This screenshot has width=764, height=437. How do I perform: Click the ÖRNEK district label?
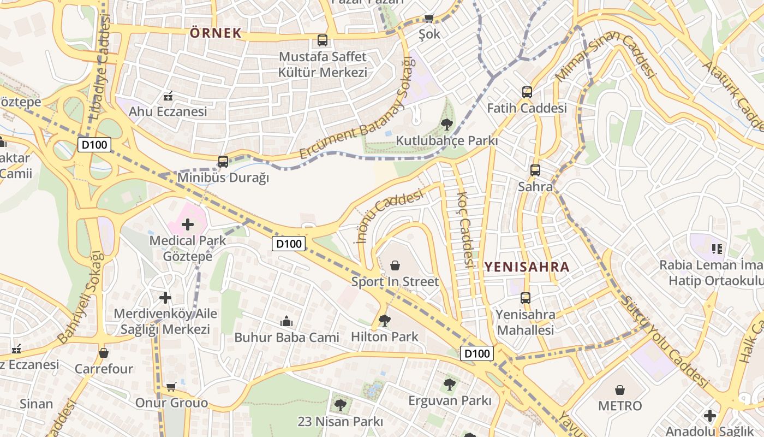pos(216,33)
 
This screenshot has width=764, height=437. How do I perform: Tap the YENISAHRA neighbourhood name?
pos(527,267)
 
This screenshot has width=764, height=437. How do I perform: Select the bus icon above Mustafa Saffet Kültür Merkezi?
pos(323,40)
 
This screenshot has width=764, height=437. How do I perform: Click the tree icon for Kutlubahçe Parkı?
pos(446,125)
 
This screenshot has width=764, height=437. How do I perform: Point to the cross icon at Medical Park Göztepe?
pos(188,225)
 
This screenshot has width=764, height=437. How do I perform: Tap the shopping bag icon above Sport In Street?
pos(395,266)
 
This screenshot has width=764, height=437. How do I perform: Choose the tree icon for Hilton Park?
pos(385,321)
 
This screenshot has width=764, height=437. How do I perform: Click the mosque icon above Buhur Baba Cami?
pos(286,322)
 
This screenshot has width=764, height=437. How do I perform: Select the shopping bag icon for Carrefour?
pos(104,353)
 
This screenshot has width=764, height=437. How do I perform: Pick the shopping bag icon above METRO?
pos(620,390)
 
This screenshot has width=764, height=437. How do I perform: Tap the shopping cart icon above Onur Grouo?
pos(171,387)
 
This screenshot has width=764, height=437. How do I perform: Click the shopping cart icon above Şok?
pos(429,18)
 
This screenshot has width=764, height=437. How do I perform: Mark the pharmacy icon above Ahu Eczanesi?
pos(168,96)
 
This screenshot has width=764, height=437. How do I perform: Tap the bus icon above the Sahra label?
pos(535,170)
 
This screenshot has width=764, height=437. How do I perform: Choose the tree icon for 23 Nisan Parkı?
pos(340,405)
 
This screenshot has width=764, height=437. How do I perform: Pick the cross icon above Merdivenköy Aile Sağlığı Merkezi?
pos(165,298)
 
